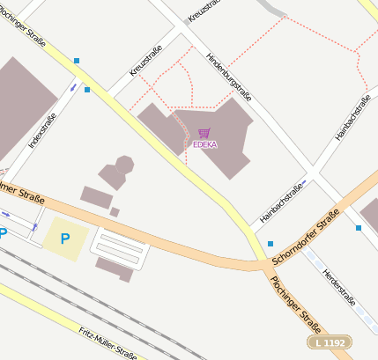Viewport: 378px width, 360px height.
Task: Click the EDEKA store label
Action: [x=204, y=143]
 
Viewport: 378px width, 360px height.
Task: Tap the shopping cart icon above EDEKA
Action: [x=204, y=133]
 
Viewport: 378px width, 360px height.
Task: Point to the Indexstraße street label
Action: [x=41, y=129]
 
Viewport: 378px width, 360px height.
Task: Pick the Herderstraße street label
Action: [x=339, y=288]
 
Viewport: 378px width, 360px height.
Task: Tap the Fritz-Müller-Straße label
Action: [x=107, y=343]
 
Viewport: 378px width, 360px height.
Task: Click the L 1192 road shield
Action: [x=330, y=342]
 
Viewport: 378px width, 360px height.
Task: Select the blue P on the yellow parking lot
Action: [x=64, y=238]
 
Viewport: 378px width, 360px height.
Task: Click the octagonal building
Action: [x=124, y=164]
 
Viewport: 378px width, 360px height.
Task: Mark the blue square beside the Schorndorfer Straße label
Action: [x=271, y=244]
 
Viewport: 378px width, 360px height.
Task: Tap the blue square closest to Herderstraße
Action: [x=359, y=228]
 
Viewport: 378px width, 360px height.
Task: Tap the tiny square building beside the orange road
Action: [x=115, y=212]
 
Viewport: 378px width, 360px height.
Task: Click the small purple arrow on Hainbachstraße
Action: [x=303, y=185]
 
